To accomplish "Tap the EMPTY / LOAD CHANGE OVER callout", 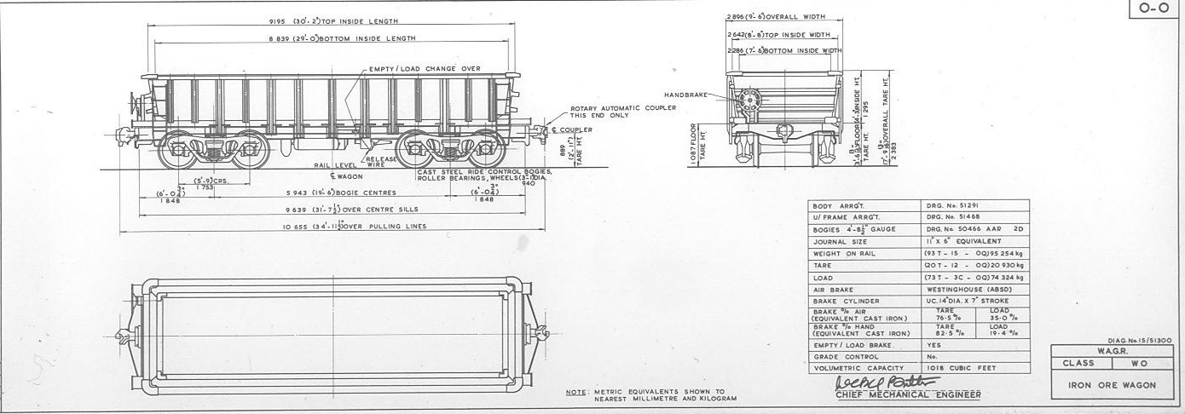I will [x=425, y=68].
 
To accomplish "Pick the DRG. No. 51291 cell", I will [x=954, y=205].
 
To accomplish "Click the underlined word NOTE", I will [x=576, y=392].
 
